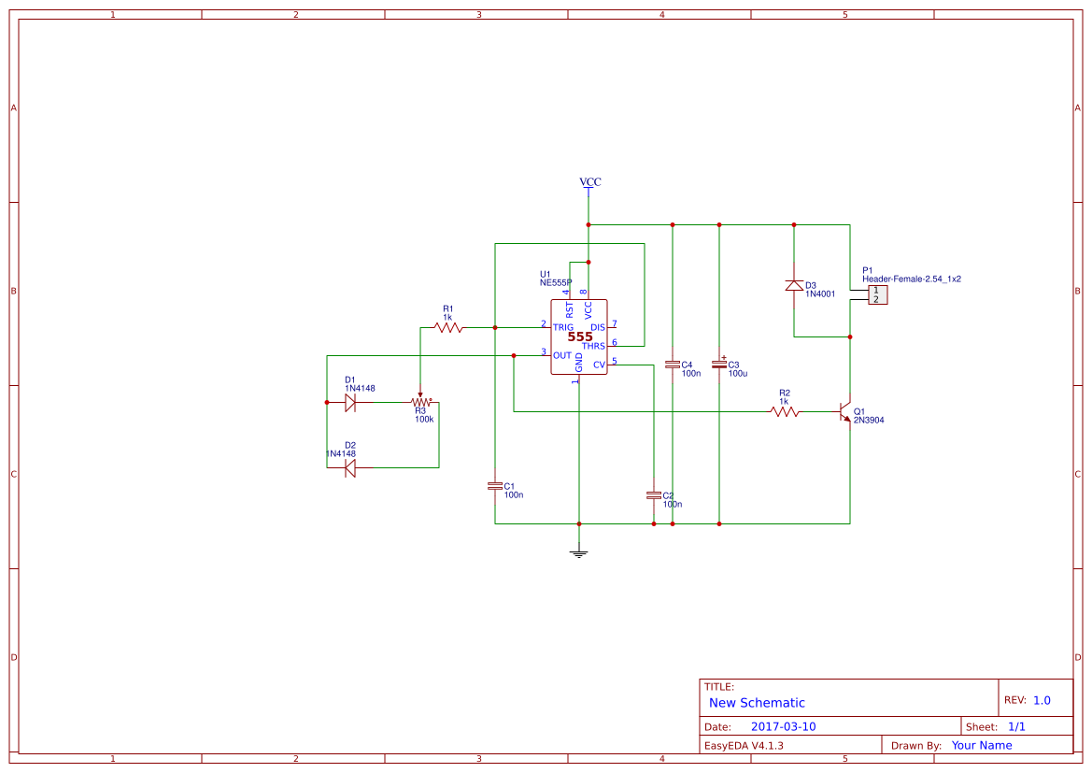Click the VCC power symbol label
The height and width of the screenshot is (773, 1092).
589,182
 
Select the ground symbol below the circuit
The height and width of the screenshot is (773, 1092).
579,551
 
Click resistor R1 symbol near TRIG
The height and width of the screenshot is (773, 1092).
448,328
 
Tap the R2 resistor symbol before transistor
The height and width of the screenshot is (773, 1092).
785,411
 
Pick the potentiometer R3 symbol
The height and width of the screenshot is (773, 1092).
420,402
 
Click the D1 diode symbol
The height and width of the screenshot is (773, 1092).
350,402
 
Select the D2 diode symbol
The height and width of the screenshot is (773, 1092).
350,467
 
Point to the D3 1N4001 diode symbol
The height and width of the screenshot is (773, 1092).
794,285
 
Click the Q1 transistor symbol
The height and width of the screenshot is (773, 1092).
845,411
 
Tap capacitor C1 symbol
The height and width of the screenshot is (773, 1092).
495,486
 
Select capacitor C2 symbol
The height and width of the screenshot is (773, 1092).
654,494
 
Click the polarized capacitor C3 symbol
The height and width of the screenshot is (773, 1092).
719,364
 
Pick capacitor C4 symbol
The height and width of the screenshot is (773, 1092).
673,364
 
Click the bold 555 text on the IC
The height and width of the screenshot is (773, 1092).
580,336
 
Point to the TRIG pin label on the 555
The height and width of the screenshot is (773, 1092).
563,327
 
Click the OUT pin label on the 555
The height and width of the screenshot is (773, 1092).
562,355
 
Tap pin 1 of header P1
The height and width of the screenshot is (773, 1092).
876,291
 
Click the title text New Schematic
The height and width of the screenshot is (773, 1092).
757,703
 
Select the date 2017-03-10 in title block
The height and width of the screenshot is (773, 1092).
783,726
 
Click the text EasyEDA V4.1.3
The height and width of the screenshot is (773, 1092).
744,745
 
